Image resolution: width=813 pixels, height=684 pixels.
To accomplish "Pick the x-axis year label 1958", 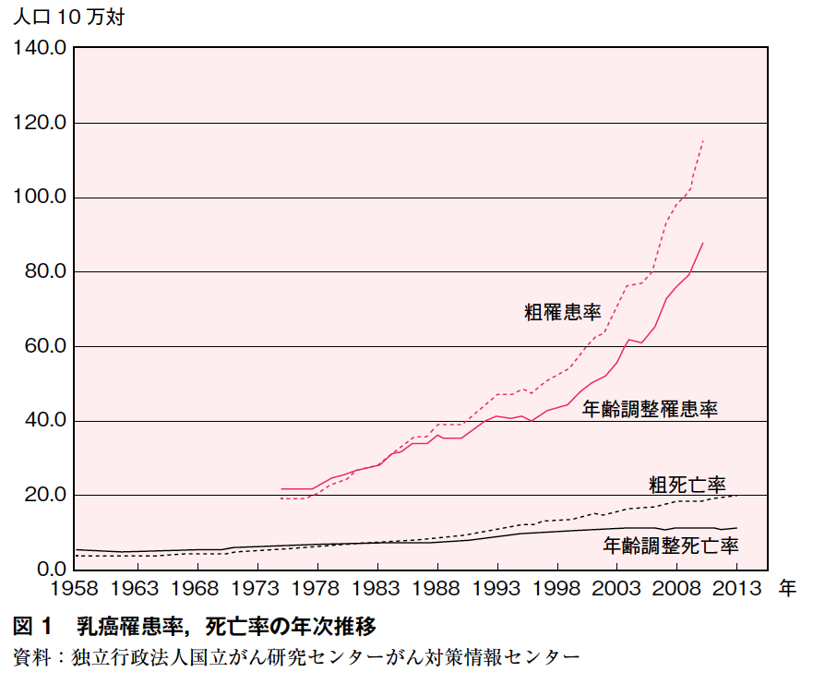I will pos(75,588).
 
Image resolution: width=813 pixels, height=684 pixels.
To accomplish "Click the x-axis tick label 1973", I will pos(256,588).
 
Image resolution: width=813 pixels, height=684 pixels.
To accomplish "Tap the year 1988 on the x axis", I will pos(436,588).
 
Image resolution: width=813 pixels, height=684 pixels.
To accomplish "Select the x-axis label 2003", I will pos(617,588).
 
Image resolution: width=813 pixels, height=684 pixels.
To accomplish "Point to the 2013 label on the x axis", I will pos(737,588).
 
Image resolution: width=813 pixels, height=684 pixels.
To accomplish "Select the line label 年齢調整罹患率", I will pos(651,409).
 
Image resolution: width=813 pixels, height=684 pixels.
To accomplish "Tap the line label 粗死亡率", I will pos(687,484).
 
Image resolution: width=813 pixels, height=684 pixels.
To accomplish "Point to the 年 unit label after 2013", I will pos(786,588).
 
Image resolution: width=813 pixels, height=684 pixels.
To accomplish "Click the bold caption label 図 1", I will pos(35,628).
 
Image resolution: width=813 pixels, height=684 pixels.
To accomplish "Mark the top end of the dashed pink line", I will pos(703,140).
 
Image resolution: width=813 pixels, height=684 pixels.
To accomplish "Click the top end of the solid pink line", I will pos(703,242).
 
